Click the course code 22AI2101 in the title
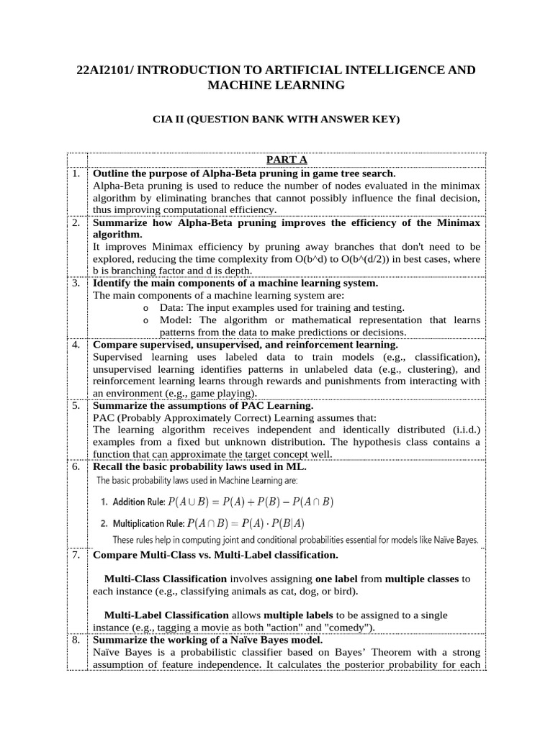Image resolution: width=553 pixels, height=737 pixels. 107,70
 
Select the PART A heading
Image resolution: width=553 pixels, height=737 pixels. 287,160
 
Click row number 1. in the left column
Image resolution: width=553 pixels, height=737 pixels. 76,173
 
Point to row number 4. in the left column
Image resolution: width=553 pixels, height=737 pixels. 76,345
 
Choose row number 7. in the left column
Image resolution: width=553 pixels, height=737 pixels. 76,555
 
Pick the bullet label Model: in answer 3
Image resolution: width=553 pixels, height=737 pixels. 177,320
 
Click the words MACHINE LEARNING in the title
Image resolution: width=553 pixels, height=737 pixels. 276,86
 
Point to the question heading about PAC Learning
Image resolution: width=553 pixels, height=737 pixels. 203,406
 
